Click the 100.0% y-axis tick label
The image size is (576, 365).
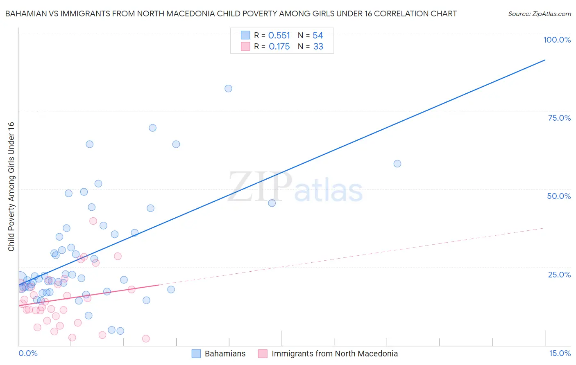pyautogui.click(x=557, y=40)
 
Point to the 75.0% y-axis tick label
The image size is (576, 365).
pyautogui.click(x=559, y=118)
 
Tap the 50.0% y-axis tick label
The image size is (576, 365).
pyautogui.click(x=559, y=196)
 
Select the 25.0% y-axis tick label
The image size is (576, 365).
pyautogui.click(x=559, y=275)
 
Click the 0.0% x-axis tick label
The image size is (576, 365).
pyautogui.click(x=28, y=354)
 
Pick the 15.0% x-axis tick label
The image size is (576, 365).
pyautogui.click(x=560, y=354)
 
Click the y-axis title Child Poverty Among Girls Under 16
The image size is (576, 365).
pyautogui.click(x=11, y=187)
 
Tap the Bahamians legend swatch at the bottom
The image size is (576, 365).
pyautogui.click(x=196, y=354)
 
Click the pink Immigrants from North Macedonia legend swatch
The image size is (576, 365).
pyautogui.click(x=263, y=354)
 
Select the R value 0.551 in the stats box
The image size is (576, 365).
pyautogui.click(x=279, y=36)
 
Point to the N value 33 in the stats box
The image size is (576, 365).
pyautogui.click(x=318, y=47)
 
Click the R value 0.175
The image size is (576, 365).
pyautogui.click(x=279, y=47)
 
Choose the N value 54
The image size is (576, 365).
pyautogui.click(x=318, y=36)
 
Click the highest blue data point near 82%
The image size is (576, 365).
pyautogui.click(x=229, y=88)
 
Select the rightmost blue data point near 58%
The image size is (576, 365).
pyautogui.click(x=397, y=164)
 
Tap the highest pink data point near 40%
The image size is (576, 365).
pyautogui.click(x=93, y=221)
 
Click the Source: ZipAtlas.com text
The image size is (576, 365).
pyautogui.click(x=539, y=14)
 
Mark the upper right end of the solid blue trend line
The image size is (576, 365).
pyautogui.click(x=545, y=60)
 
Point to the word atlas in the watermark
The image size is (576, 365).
pyautogui.click(x=329, y=191)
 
